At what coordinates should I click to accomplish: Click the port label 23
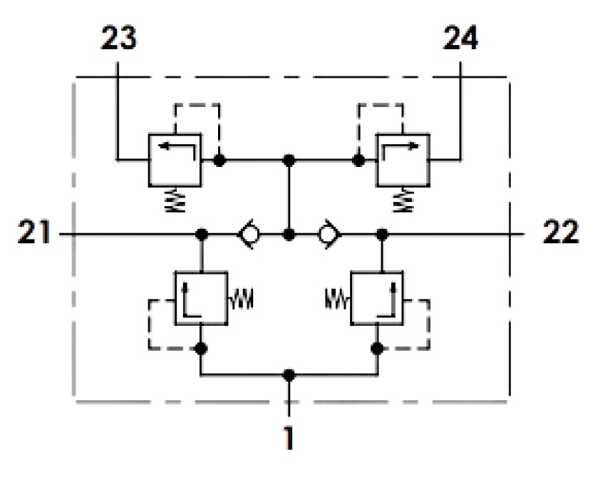[118, 38]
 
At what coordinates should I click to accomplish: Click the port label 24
[460, 38]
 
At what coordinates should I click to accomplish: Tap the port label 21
[34, 232]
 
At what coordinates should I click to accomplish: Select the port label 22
[561, 232]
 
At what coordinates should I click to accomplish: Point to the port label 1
[289, 438]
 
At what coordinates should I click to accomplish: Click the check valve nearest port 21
[249, 234]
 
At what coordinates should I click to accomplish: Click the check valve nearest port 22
[329, 234]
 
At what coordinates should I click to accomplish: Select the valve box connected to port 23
[175, 160]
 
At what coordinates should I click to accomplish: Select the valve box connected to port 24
[403, 160]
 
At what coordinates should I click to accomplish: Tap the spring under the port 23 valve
[175, 200]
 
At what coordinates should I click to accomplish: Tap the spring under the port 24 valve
[403, 200]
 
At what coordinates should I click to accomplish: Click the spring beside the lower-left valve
[241, 299]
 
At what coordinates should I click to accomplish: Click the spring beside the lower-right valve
[337, 299]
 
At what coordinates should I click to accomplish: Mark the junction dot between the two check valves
[289, 235]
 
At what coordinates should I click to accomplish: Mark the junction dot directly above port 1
[289, 375]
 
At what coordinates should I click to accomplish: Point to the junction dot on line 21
[201, 235]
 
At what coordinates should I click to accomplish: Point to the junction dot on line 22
[382, 235]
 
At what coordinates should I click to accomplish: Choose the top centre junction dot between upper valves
[289, 160]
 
